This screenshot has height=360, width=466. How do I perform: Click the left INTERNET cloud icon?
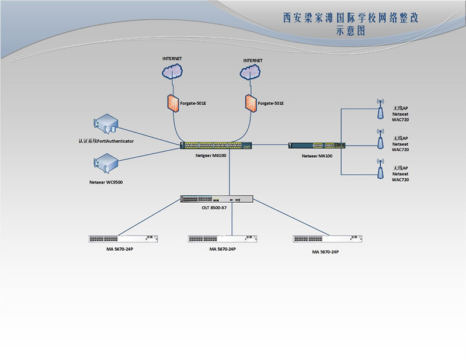(x=172, y=72)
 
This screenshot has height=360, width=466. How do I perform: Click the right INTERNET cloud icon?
(x=252, y=72)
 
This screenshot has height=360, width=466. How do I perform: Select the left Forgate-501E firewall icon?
(x=172, y=103)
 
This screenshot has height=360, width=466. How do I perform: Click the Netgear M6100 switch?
(x=216, y=146)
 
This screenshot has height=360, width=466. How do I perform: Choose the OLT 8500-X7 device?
(x=217, y=199)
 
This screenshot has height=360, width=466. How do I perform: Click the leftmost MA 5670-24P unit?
(x=123, y=238)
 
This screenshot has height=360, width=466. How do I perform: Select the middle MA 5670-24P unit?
(x=222, y=238)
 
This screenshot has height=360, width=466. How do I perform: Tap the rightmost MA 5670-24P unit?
(x=326, y=238)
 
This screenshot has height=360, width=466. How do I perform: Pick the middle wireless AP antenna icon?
(x=380, y=139)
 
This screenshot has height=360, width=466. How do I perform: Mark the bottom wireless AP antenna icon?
(x=380, y=169)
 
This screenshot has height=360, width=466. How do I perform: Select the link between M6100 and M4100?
(x=271, y=144)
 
